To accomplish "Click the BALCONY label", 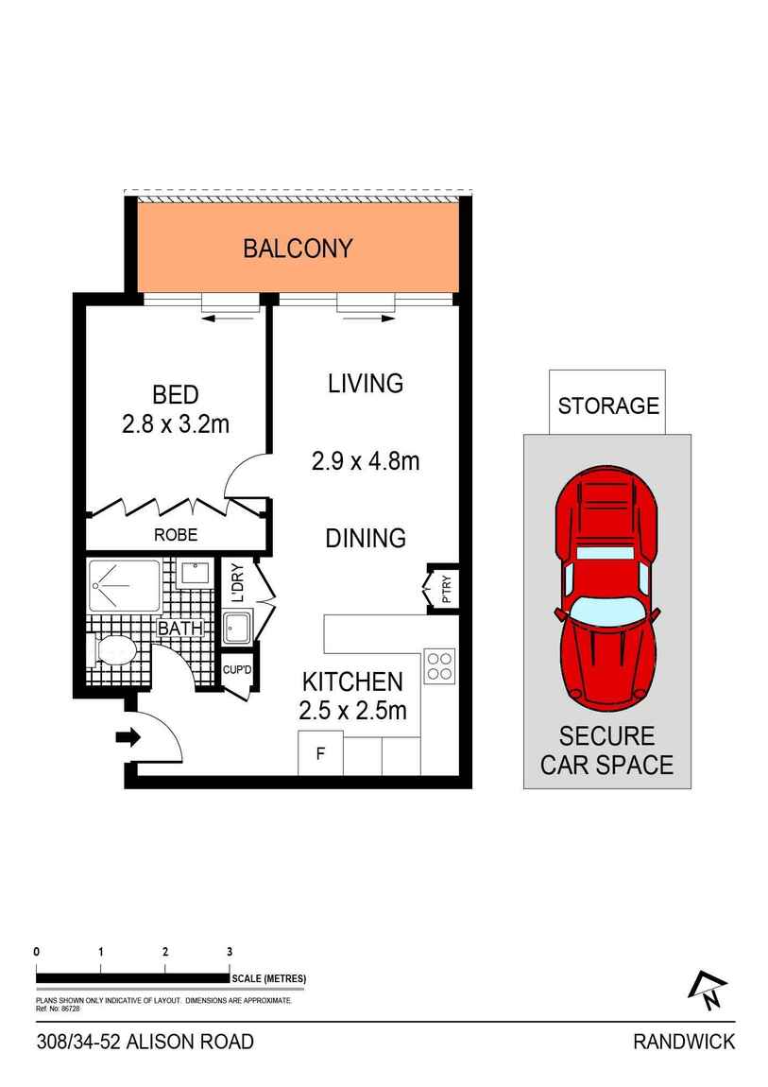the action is pyautogui.click(x=298, y=249).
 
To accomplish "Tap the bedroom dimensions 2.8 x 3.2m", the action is pyautogui.click(x=175, y=423).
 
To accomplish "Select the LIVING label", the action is pyautogui.click(x=366, y=384).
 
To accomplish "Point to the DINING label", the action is pyautogui.click(x=366, y=538).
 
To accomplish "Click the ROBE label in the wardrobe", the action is pyautogui.click(x=176, y=534).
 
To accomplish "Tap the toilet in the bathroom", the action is pyautogui.click(x=111, y=651).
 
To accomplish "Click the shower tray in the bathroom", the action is pyautogui.click(x=124, y=586).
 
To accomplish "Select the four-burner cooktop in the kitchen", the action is pyautogui.click(x=440, y=666).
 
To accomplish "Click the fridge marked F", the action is pyautogui.click(x=320, y=752).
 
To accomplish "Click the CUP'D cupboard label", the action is pyautogui.click(x=237, y=670).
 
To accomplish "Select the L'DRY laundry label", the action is pyautogui.click(x=238, y=583).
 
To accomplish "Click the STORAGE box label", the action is pyautogui.click(x=608, y=405).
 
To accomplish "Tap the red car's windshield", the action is pyautogui.click(x=606, y=610).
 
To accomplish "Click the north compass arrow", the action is pyautogui.click(x=707, y=990).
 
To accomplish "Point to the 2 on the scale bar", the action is pyautogui.click(x=164, y=952).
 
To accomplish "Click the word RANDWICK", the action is pyautogui.click(x=684, y=1042).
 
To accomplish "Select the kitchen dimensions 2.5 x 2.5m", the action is pyautogui.click(x=352, y=711).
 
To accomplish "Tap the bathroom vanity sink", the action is pyautogui.click(x=193, y=574).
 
